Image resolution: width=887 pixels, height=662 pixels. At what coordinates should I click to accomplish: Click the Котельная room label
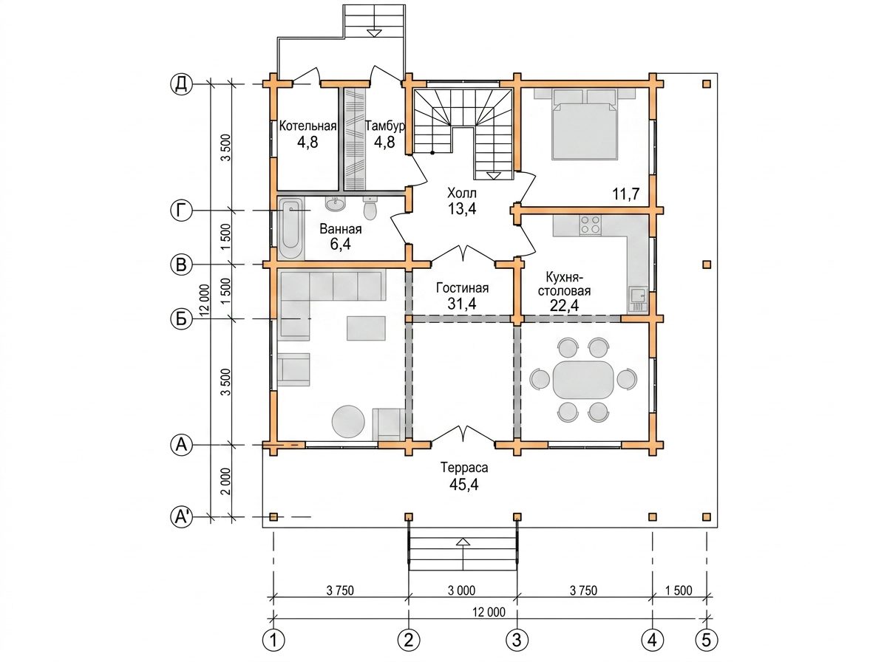pos(308,126)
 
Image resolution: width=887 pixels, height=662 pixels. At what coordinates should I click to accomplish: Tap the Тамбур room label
pos(384,126)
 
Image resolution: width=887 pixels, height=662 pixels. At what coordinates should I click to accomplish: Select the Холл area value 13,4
pos(462,208)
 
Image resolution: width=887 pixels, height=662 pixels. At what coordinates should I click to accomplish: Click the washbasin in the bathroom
pos(335,204)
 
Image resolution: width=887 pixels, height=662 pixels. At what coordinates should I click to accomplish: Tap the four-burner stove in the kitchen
pos(590,225)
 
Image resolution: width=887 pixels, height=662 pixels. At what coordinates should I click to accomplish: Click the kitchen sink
pos(638,300)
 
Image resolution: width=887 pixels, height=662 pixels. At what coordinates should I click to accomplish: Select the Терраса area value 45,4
pos(464,484)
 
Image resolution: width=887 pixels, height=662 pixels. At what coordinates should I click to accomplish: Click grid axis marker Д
pos(181,84)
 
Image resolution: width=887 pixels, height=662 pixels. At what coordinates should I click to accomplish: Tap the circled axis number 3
pos(517,640)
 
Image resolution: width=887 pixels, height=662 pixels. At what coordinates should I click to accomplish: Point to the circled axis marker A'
pos(181,516)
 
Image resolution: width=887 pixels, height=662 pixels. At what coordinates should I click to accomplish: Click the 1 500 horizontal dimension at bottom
pos(679,590)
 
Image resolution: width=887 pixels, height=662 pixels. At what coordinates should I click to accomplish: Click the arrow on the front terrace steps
pos(463,554)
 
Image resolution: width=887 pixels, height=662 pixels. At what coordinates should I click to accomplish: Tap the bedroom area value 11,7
pos(625,194)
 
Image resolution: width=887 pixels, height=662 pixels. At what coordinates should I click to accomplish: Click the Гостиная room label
pos(462,288)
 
